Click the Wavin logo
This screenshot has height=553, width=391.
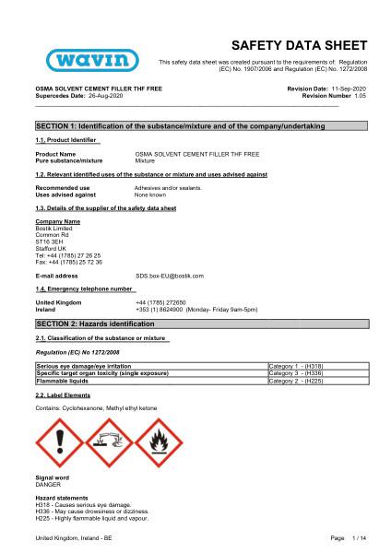point(80,59)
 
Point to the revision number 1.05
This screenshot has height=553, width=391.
point(361,95)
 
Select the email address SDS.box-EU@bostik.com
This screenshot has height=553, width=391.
point(170,276)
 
